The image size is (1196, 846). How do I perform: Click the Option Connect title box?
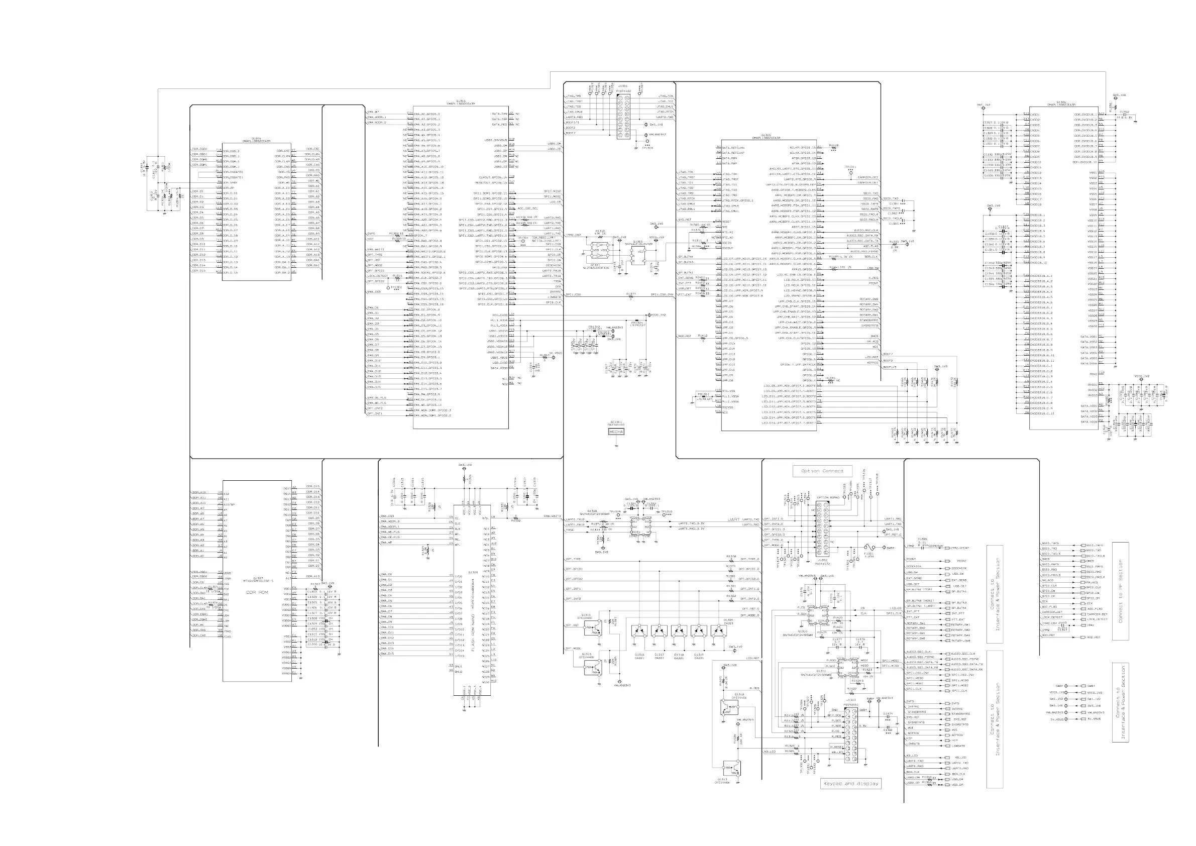click(x=822, y=471)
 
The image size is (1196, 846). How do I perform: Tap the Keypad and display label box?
click(x=850, y=784)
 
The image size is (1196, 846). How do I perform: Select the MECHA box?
click(x=616, y=432)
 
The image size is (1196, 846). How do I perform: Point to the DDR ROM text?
click(x=257, y=592)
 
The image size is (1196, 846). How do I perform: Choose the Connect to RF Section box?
click(x=1121, y=591)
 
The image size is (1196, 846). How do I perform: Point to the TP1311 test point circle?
click(x=850, y=171)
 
